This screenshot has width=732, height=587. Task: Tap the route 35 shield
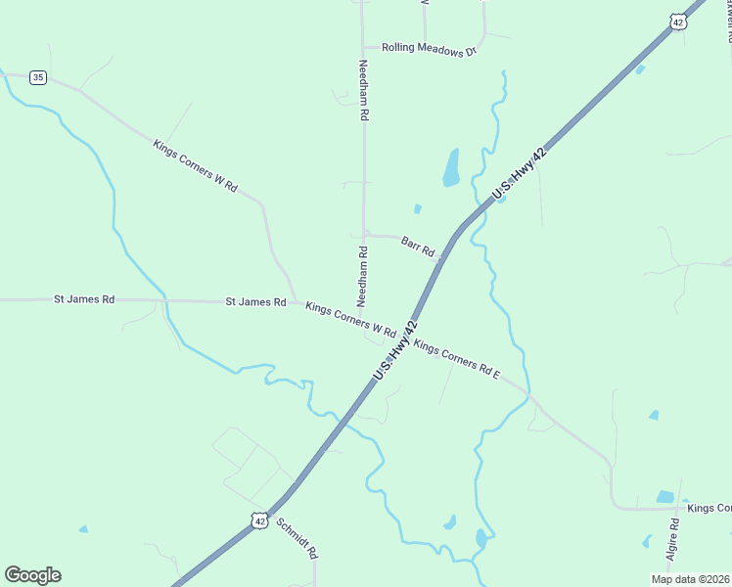37,77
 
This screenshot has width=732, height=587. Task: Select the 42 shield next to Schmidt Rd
258,521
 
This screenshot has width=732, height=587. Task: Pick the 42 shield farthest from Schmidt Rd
677,22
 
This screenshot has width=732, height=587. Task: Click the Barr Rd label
418,245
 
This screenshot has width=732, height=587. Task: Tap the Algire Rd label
674,537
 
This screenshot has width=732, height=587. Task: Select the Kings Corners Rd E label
457,359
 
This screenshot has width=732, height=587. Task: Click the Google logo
32,575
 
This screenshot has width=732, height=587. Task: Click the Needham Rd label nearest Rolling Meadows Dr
363,90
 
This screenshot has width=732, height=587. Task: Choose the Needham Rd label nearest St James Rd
363,276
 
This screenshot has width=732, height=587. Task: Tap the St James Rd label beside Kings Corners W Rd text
255,302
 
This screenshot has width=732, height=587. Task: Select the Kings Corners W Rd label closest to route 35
196,165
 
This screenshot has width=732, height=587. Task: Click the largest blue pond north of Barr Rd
451,167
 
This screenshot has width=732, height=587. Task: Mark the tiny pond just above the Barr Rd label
418,208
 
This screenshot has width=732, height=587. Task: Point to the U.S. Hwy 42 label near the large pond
518,175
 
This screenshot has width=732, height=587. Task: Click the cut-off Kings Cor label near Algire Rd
709,508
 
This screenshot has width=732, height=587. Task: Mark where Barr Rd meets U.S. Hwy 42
443,260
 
